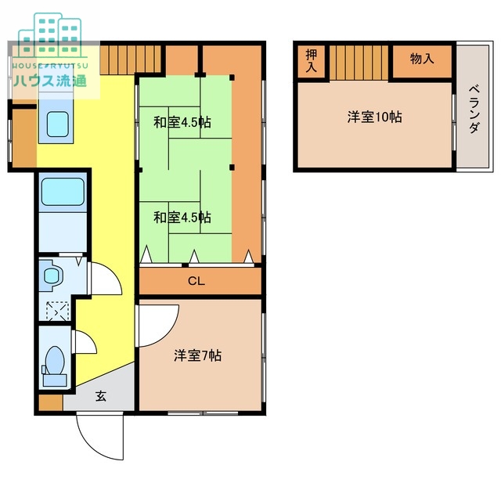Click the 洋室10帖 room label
[375, 117]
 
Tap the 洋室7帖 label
[197, 355]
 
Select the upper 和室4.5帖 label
[182, 122]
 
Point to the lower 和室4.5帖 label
[182, 218]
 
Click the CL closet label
[196, 281]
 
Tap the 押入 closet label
[312, 61]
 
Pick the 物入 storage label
[422, 59]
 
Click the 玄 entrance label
[101, 396]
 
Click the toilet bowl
[56, 362]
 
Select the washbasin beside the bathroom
[53, 276]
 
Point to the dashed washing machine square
[56, 311]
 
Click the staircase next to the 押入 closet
[358, 62]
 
